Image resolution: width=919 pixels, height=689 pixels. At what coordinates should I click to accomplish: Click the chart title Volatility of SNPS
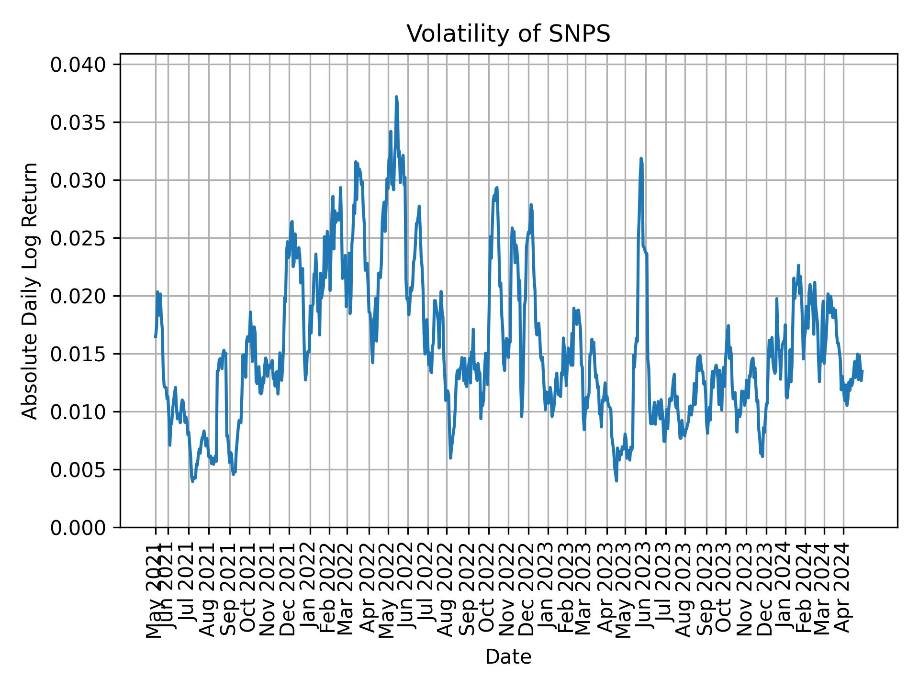tap(508, 34)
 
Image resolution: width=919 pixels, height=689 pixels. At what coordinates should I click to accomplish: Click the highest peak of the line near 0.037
tap(396, 97)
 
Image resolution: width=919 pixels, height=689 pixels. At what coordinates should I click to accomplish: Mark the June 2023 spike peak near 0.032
tap(641, 158)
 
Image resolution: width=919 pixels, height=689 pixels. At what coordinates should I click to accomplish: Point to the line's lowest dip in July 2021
tap(192, 481)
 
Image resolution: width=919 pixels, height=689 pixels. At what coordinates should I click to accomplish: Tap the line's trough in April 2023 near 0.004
tap(616, 480)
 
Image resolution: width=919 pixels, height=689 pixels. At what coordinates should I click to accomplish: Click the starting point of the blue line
tap(155, 337)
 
